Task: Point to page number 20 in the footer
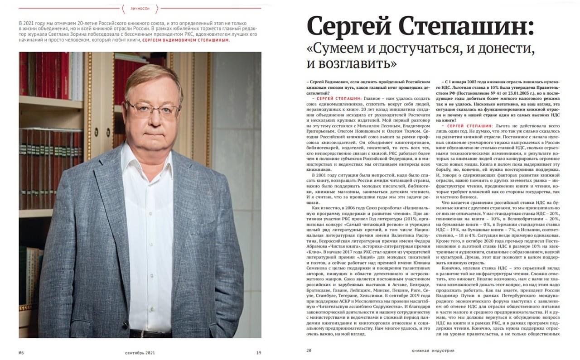click(x=309, y=350)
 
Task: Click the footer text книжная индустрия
click(x=433, y=350)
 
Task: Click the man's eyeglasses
click(x=152, y=108)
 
